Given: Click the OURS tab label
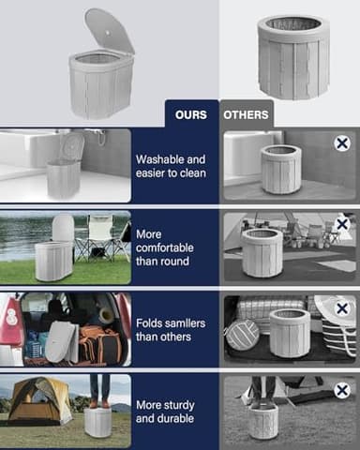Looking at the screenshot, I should pyautogui.click(x=191, y=115).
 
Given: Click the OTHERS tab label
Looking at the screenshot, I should pyautogui.click(x=246, y=115).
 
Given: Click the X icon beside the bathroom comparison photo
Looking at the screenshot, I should pyautogui.click(x=342, y=143).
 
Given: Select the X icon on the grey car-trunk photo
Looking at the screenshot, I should pyautogui.click(x=342, y=307).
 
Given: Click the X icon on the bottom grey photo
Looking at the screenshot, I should pyautogui.click(x=342, y=389).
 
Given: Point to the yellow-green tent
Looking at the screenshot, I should pyautogui.click(x=37, y=401).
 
